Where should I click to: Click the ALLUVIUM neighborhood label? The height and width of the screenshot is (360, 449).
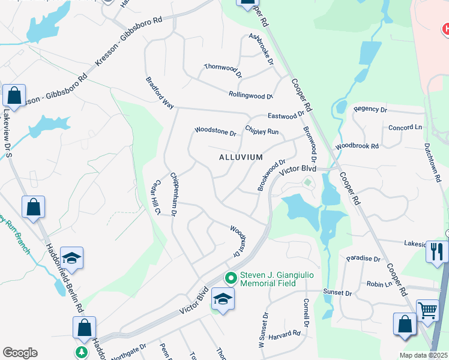[240, 157]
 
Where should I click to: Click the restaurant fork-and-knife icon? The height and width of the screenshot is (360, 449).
[437, 251]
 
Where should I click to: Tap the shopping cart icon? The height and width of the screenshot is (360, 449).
[427, 311]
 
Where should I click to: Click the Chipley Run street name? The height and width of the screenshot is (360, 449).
[262, 130]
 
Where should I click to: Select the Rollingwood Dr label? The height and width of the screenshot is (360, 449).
[250, 95]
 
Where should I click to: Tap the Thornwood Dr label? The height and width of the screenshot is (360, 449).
[222, 71]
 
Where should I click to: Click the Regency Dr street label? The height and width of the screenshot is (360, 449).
[370, 109]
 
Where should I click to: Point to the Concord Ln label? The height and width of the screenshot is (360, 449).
[405, 128]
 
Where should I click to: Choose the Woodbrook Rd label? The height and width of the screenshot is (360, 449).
[357, 146]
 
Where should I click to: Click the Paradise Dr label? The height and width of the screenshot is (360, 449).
[364, 259]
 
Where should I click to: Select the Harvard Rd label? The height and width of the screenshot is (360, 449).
[285, 334]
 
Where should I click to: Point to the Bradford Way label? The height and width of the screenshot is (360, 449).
[160, 93]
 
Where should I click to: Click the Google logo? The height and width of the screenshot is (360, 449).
[19, 353]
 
